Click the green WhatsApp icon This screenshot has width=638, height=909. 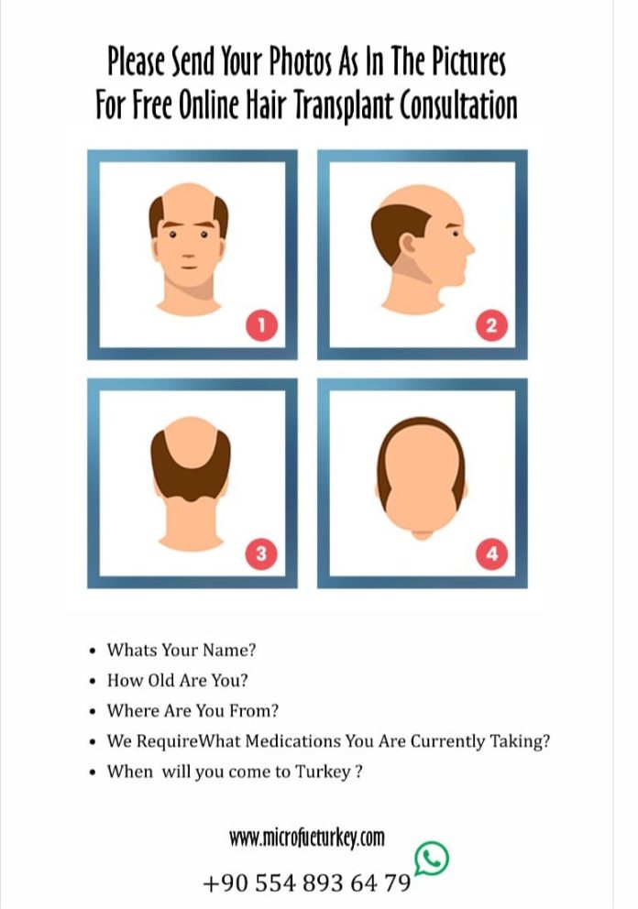click(431, 859)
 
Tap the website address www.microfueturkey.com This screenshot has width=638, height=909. click(306, 838)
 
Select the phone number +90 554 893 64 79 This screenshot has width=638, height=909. click(306, 883)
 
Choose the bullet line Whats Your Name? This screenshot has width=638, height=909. click(181, 650)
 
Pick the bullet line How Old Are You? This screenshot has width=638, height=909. click(178, 681)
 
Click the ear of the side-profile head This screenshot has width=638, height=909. click(412, 246)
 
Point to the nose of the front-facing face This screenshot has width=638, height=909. click(188, 245)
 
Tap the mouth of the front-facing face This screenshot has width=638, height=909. click(188, 266)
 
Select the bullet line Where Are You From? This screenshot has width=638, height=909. click(192, 711)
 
